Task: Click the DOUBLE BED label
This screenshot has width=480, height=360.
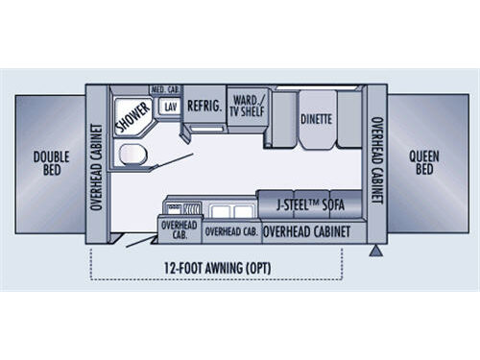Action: pos(46,163)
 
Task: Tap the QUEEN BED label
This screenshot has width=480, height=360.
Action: pos(422,163)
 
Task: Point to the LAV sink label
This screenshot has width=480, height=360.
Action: pos(171,108)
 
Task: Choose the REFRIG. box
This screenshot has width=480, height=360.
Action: pos(204,108)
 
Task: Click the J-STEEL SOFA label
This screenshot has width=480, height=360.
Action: pos(309,204)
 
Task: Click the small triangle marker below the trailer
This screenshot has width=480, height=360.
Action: pos(374,251)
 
